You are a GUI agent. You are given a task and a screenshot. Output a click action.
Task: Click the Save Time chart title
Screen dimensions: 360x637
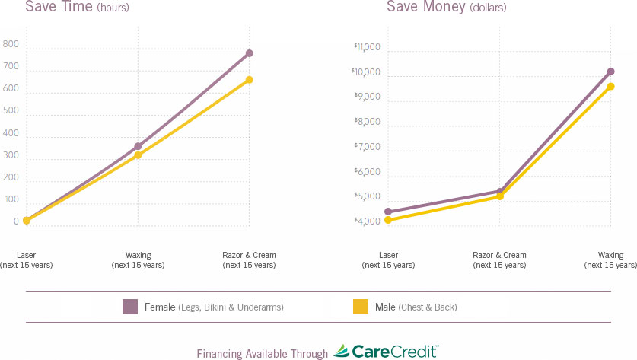[77, 8]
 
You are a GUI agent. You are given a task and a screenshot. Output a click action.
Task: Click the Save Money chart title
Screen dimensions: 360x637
[446, 8]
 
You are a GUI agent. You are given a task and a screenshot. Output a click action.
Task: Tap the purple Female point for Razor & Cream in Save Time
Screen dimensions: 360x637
[249, 53]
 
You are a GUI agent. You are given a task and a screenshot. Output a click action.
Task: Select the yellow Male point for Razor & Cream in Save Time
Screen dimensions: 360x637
[249, 80]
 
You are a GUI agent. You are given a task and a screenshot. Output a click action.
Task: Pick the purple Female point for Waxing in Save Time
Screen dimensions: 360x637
[138, 146]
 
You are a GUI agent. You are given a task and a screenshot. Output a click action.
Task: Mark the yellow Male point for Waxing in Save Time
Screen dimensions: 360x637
[138, 155]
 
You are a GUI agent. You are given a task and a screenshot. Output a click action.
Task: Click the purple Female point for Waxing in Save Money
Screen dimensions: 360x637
[610, 72]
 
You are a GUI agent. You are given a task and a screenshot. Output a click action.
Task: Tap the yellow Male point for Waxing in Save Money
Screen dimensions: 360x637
[610, 87]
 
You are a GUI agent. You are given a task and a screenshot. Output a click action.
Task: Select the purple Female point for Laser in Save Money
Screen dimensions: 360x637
[388, 212]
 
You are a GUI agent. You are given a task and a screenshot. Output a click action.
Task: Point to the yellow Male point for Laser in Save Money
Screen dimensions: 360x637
[388, 220]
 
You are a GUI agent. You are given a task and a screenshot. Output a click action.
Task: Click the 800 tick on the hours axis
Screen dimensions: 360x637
[11, 44]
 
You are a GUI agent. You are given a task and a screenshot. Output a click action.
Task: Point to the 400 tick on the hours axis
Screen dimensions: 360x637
[11, 133]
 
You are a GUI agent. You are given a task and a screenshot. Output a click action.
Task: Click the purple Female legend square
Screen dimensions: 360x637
[129, 307]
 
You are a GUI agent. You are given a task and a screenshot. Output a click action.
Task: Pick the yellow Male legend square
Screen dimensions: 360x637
[360, 307]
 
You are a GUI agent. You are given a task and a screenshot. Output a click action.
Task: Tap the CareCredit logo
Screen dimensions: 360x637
[386, 352]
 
